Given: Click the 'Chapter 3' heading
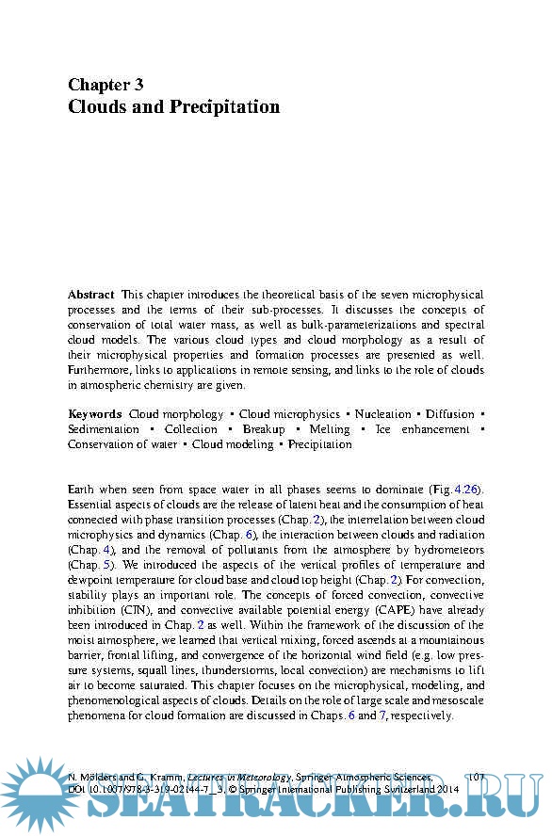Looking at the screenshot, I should point(106,85).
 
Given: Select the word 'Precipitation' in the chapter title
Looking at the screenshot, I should point(225,106).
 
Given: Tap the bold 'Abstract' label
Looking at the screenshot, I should point(91,295).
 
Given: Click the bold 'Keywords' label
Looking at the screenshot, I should point(95,414).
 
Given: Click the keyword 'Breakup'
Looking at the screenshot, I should point(264,429).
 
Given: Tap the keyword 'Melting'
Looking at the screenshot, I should point(329,429).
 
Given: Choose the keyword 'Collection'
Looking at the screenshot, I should point(191,429).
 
